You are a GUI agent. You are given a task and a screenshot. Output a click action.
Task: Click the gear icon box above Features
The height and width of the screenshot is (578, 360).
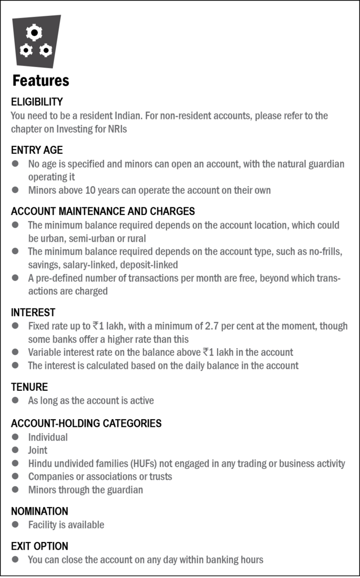35,41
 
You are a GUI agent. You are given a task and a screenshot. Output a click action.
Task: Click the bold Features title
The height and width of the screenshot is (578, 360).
41,81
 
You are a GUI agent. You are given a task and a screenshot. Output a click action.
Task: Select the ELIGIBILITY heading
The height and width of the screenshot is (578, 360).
37,102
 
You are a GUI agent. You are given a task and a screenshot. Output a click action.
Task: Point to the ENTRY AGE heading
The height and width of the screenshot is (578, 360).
37,150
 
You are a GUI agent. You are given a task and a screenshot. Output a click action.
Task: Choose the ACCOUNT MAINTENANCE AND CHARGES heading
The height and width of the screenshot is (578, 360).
103,211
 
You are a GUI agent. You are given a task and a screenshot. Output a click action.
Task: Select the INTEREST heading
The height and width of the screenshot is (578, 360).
33,313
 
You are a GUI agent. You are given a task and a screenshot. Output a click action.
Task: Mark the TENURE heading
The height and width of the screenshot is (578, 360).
29,387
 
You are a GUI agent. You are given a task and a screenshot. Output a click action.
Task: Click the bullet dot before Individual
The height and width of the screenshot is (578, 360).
16,437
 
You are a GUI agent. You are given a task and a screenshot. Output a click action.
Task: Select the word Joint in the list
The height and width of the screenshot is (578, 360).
38,450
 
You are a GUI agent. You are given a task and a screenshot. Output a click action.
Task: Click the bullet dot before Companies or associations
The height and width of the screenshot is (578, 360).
16,476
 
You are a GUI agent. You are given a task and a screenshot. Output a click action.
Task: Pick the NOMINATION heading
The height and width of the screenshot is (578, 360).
39,511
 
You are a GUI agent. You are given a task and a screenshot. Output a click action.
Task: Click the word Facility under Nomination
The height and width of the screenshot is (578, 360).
43,525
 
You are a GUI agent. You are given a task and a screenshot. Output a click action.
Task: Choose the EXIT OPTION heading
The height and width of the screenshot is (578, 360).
39,546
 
